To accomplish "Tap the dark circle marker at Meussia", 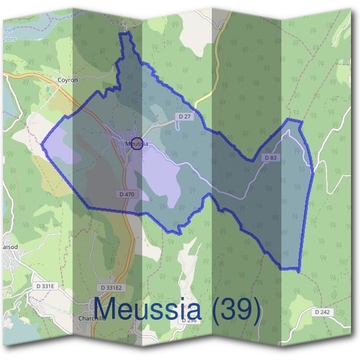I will [137, 143].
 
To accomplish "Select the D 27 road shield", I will [184, 116].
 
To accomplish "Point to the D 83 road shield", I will [271, 158].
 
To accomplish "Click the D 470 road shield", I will [126, 194].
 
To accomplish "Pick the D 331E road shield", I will [45, 287].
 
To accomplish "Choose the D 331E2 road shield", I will [111, 287].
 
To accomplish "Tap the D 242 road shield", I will [322, 312].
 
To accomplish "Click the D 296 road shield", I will [189, 320].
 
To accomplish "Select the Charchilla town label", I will [92, 319].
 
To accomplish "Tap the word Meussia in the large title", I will [148, 310].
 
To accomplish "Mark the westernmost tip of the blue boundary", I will [41, 144].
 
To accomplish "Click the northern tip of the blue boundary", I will [124, 34].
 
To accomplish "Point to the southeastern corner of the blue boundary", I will [298, 270].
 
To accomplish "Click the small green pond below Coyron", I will [48, 89].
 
